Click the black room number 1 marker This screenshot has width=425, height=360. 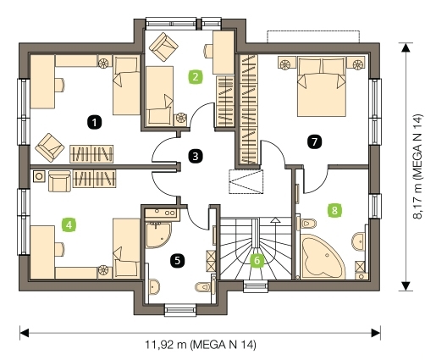(x=95, y=123)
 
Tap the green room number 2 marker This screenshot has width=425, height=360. (x=196, y=77)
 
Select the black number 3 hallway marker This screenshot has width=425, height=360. (x=196, y=156)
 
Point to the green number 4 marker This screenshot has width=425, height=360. (x=69, y=225)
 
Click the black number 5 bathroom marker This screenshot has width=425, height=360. (x=177, y=260)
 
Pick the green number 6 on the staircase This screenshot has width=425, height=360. (x=257, y=260)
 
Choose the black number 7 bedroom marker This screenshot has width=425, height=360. (x=314, y=141)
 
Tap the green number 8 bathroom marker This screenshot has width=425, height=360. (x=334, y=210)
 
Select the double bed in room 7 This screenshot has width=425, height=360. (x=322, y=86)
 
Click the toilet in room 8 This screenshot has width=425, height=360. (x=308, y=224)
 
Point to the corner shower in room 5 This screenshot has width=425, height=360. (x=157, y=235)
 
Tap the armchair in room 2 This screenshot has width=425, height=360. (x=163, y=47)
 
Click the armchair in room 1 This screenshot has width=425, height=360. (x=50, y=147)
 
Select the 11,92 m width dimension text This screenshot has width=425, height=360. (x=201, y=345)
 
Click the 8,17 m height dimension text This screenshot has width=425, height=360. (x=417, y=167)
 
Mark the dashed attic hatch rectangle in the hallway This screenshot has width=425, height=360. (x=246, y=181)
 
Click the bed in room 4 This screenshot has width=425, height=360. (x=126, y=248)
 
